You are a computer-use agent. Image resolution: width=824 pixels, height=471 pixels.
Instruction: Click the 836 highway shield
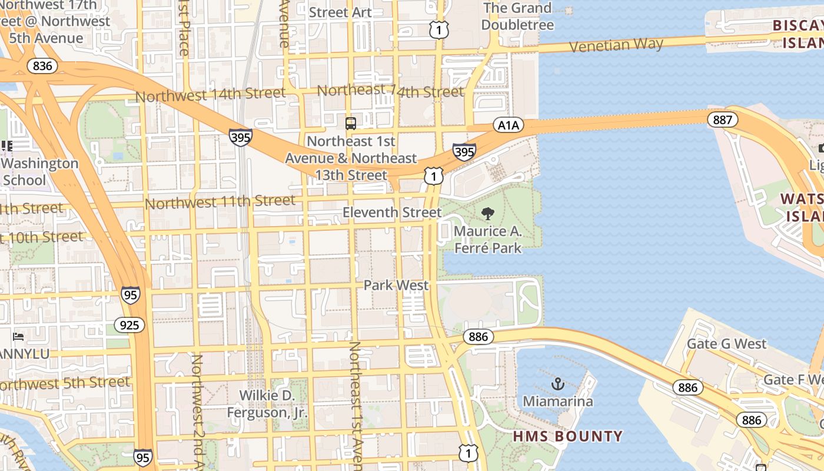click(x=42, y=65)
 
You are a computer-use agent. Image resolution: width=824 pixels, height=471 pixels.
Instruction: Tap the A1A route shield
click(x=508, y=125)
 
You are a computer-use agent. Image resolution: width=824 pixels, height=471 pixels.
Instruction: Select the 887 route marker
click(x=722, y=120)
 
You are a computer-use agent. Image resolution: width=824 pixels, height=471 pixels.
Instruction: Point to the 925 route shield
click(x=129, y=325)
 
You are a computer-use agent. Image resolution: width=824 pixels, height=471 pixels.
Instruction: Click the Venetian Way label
click(x=616, y=45)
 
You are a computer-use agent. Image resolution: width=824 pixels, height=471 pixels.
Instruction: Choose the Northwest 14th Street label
click(x=210, y=94)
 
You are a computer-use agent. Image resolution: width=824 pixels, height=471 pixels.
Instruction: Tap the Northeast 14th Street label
click(x=390, y=91)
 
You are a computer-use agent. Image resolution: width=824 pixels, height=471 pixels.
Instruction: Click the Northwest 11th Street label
click(x=220, y=202)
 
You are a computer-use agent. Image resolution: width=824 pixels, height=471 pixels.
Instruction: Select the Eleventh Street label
click(x=392, y=212)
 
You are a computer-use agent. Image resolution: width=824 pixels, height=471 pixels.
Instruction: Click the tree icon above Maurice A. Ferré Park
click(x=487, y=214)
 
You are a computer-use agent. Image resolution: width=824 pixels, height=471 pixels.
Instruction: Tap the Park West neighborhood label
click(x=396, y=285)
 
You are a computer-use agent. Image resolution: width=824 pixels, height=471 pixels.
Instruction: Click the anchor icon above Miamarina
click(x=557, y=384)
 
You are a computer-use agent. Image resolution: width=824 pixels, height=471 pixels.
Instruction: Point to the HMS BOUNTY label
click(x=567, y=436)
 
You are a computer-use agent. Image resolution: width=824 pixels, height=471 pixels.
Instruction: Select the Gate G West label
click(x=727, y=344)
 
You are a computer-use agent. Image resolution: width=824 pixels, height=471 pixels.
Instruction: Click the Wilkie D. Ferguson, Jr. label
click(x=267, y=404)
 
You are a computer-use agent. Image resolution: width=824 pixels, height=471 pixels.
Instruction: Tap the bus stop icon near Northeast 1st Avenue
click(x=351, y=124)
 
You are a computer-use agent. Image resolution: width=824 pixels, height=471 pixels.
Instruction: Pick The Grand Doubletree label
click(x=517, y=16)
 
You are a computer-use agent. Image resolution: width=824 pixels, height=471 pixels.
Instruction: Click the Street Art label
click(x=340, y=12)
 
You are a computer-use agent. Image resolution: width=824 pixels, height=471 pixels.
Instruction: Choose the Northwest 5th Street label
click(x=65, y=383)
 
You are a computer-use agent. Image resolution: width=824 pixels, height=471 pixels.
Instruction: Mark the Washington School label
click(x=40, y=172)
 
